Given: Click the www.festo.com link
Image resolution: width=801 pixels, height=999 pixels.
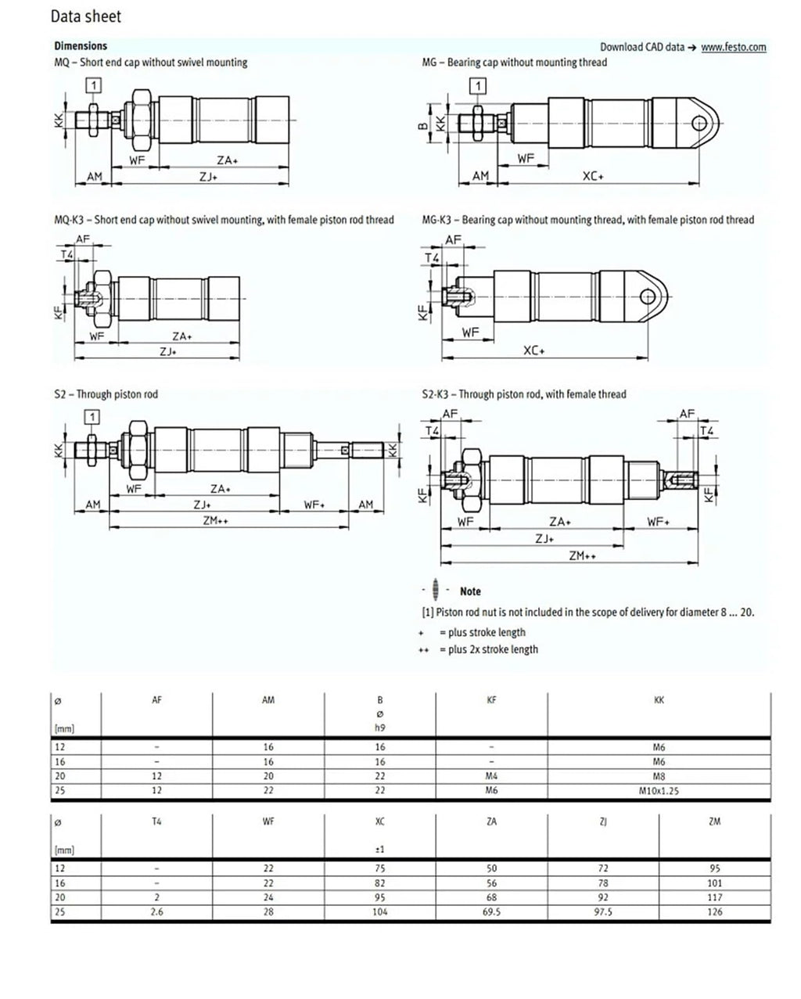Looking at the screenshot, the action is [x=733, y=47].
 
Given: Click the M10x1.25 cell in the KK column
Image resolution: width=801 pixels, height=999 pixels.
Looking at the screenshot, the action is [x=659, y=791].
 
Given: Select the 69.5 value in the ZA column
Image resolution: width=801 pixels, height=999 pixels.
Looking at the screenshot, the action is [x=491, y=911].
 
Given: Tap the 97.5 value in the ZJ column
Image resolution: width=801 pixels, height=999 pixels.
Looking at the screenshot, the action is [x=603, y=911].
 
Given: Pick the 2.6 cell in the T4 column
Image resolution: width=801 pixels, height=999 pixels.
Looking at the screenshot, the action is [x=157, y=911].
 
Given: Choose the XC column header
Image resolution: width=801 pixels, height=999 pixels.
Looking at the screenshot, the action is [x=380, y=821].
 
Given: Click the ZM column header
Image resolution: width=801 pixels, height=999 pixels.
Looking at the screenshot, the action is [x=715, y=821].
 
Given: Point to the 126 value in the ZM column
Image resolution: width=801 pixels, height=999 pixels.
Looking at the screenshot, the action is [x=715, y=911].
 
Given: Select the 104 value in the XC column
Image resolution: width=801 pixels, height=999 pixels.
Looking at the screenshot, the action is [x=380, y=911].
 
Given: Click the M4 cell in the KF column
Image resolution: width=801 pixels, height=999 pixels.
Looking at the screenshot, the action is [x=491, y=776].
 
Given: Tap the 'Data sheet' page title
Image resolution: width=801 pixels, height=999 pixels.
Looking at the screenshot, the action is [x=86, y=16].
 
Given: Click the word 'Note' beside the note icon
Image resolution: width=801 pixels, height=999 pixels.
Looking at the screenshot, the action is [x=470, y=591].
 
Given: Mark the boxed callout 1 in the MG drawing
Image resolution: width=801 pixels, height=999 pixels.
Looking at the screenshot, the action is [x=478, y=86].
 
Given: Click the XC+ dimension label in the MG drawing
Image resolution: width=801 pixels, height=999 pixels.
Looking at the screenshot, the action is [x=593, y=176].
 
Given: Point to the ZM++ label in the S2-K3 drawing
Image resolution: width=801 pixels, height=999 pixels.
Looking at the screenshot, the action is [x=582, y=555].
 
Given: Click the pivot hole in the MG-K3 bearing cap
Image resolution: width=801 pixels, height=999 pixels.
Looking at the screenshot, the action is [x=648, y=296].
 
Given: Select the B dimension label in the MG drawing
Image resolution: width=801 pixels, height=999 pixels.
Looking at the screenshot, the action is [x=423, y=125].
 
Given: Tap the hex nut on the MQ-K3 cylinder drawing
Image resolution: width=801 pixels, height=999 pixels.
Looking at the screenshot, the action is [x=102, y=299].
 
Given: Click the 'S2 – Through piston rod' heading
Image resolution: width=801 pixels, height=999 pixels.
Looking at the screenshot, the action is [x=106, y=394].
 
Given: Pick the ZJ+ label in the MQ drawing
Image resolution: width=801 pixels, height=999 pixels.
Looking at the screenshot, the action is [x=208, y=177].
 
